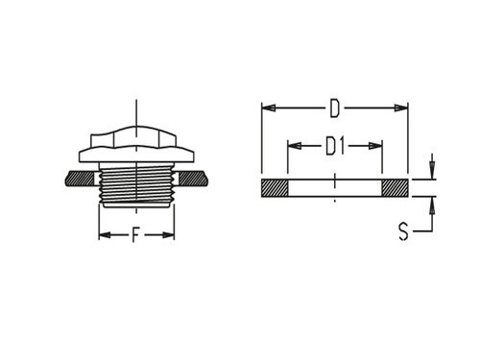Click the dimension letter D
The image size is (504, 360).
[335, 108]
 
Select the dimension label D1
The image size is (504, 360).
[335, 146]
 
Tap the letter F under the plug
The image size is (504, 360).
[136, 234]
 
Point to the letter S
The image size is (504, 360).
[403, 231]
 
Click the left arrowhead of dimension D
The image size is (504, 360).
[269, 108]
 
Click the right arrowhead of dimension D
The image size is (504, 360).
[401, 108]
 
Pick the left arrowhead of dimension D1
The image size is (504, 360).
[295, 146]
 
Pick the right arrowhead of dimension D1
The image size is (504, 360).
[375, 146]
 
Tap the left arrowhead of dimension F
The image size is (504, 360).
[105, 235]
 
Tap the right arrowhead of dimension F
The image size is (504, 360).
[168, 235]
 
